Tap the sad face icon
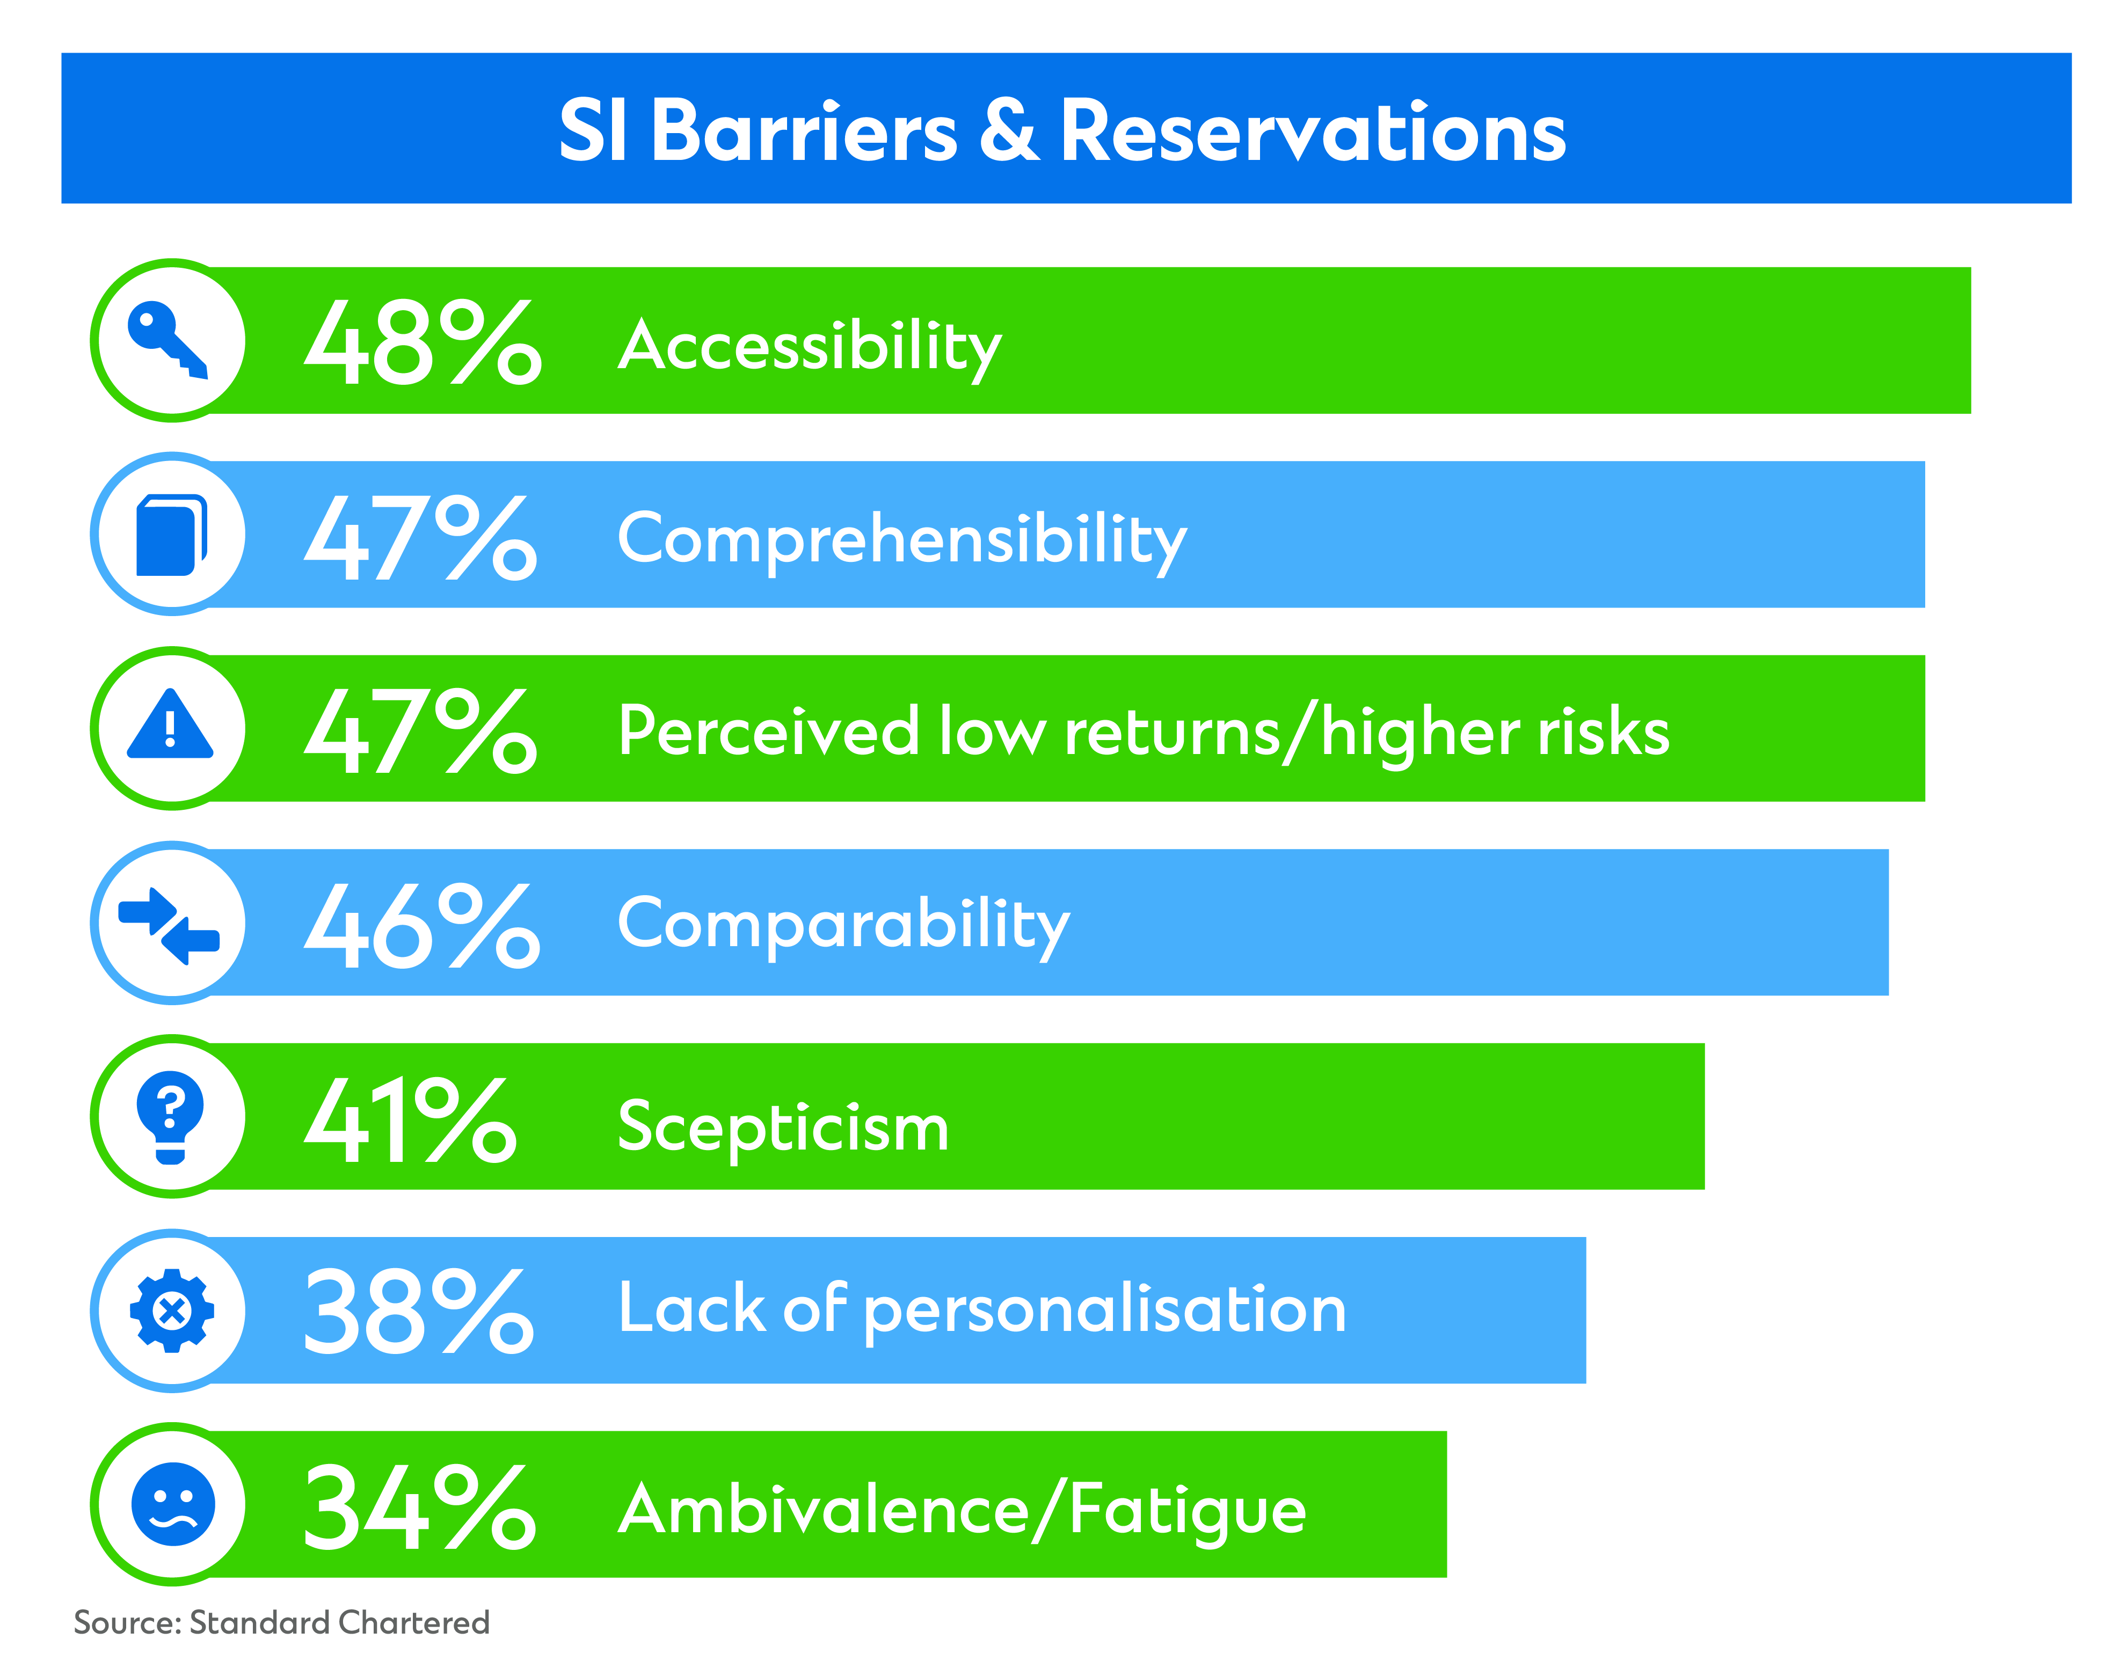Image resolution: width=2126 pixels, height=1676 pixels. (173, 1504)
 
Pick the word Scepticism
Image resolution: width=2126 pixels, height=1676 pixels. (783, 1129)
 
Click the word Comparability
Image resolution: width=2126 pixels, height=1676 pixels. (844, 927)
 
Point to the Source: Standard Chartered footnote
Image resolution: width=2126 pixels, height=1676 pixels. (282, 1622)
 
